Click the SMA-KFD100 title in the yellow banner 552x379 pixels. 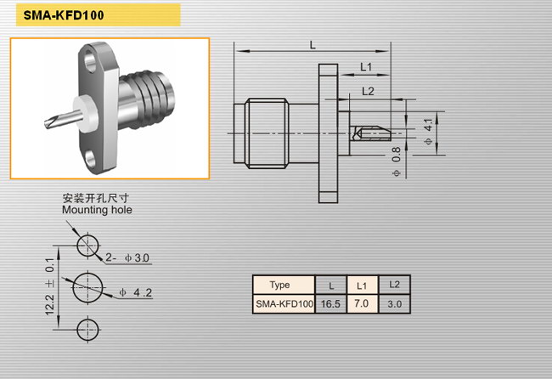(64, 15)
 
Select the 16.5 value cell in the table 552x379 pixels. (330, 304)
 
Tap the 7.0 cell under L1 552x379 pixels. (362, 303)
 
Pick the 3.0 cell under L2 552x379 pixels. (395, 304)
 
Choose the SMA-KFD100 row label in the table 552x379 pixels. (284, 304)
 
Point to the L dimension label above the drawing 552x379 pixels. (313, 45)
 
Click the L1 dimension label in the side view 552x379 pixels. (366, 66)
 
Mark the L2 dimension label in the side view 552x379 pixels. (368, 92)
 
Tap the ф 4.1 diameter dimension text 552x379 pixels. (428, 132)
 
